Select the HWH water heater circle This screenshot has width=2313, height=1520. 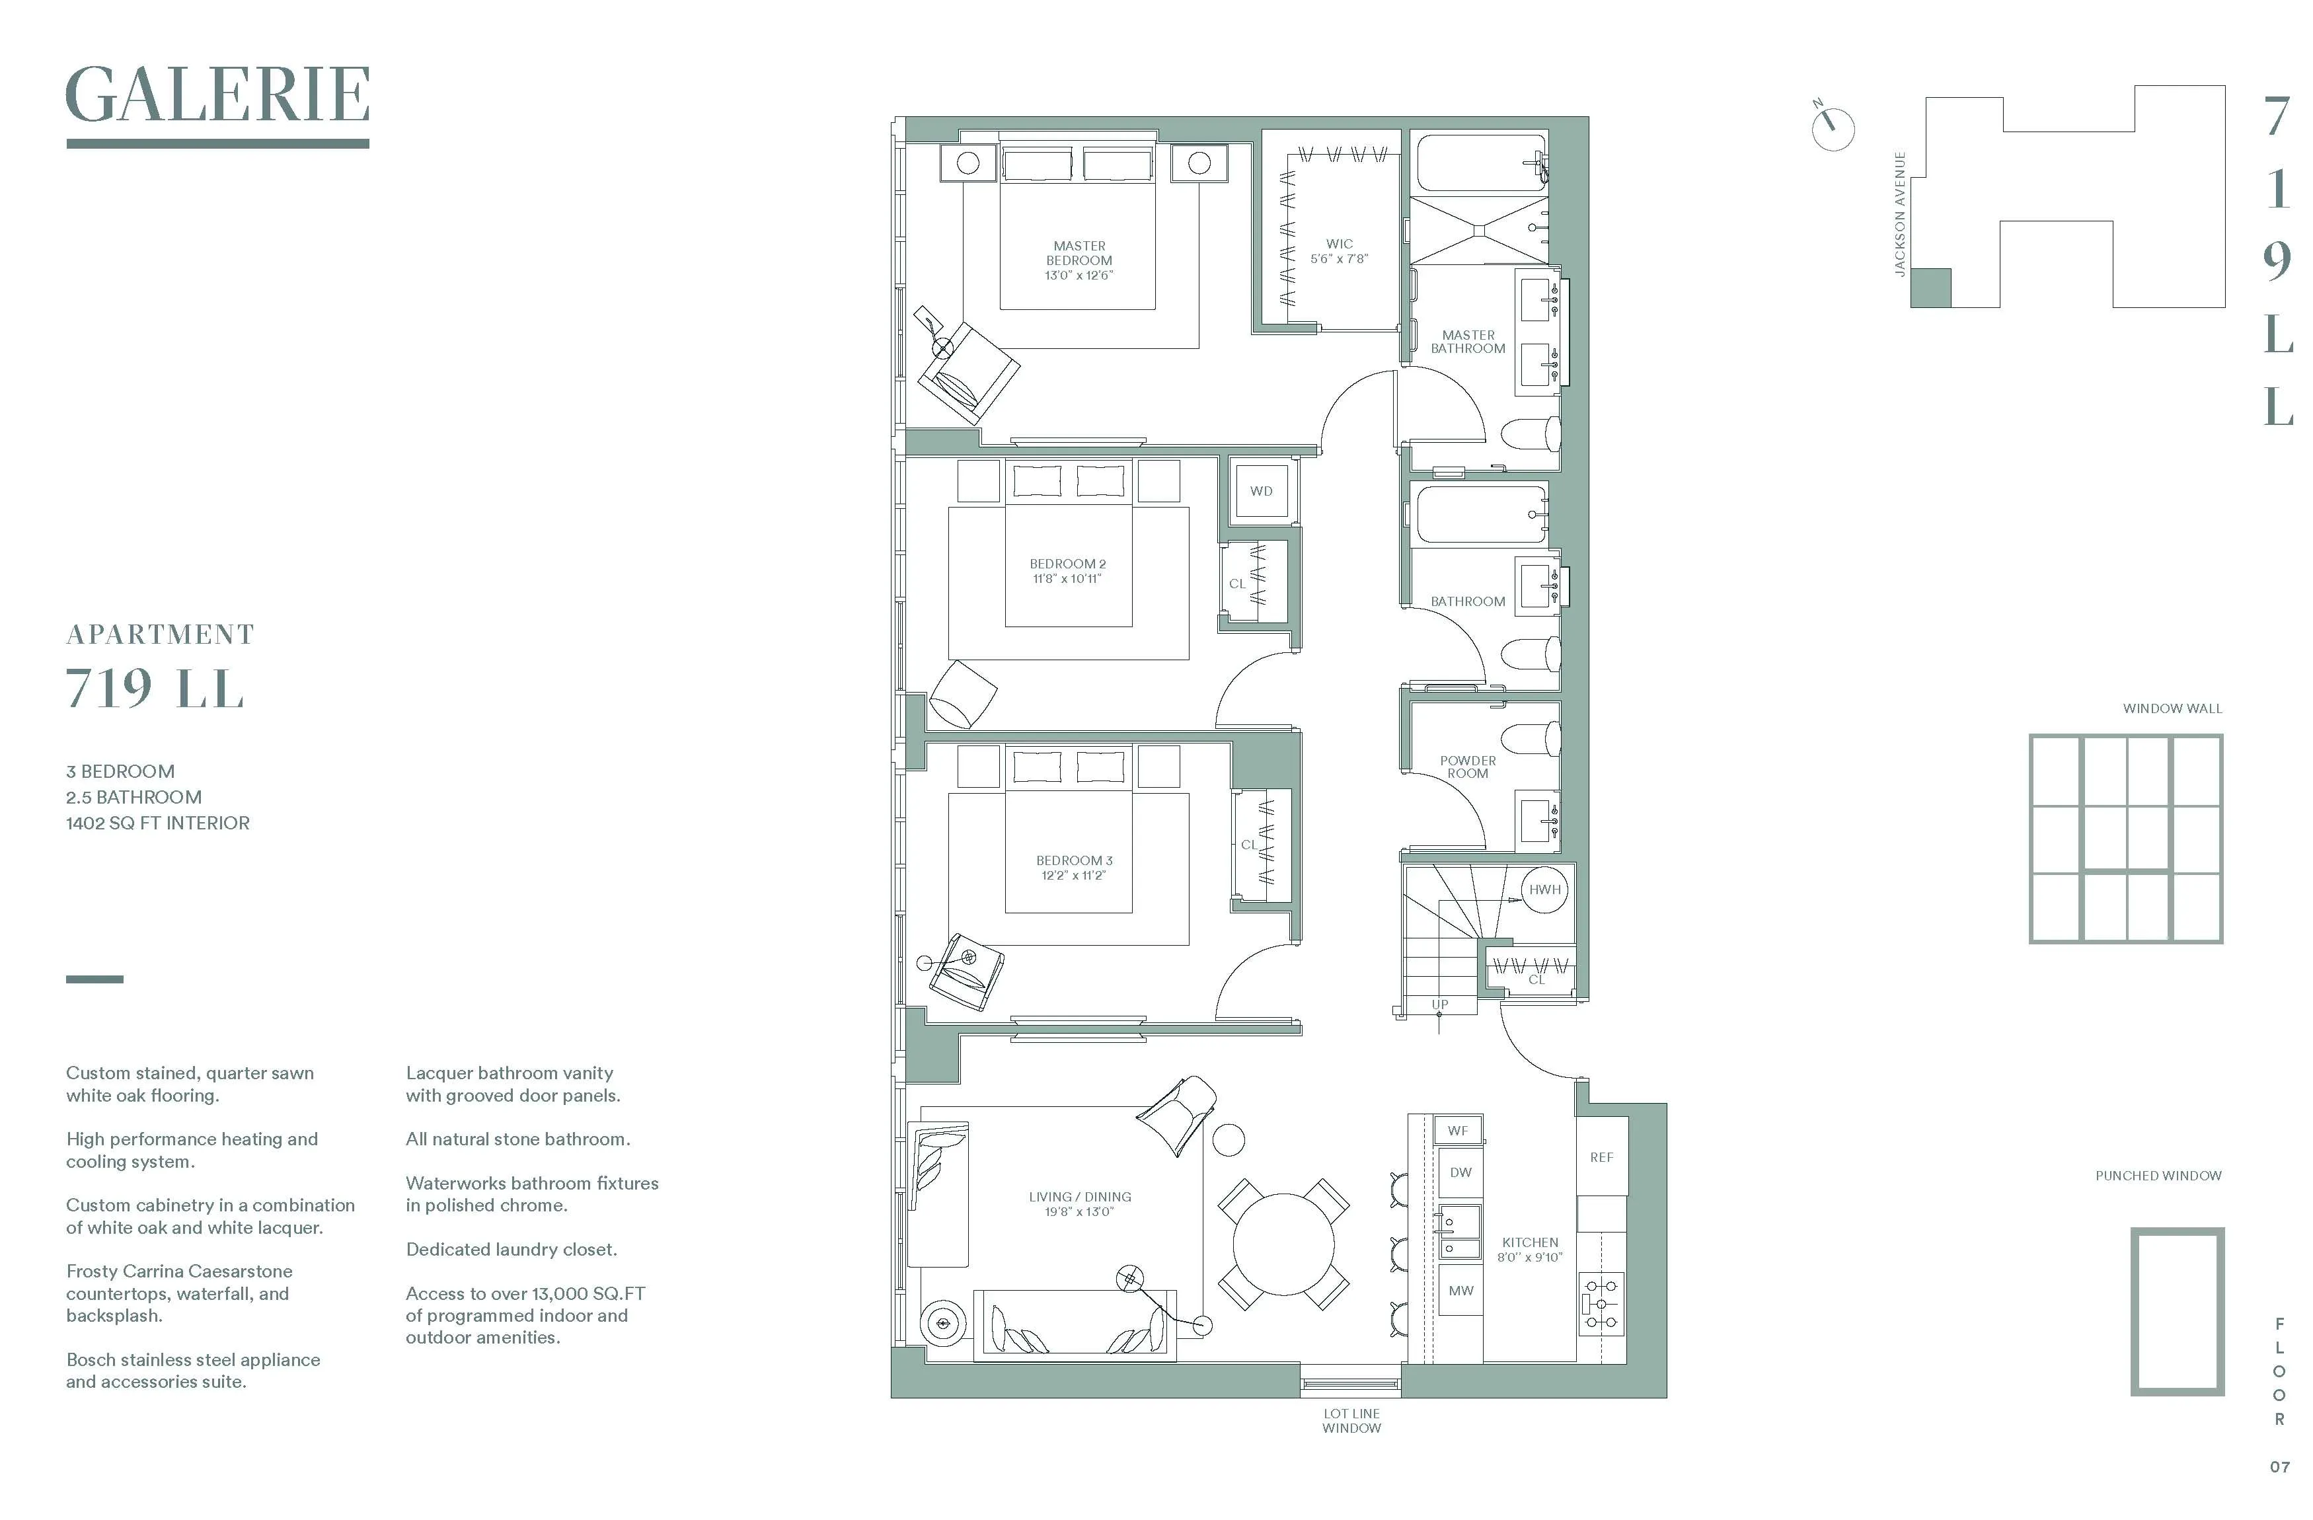pos(1544,890)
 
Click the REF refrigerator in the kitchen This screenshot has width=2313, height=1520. pos(1601,1157)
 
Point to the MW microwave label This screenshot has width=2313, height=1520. pos(1460,1291)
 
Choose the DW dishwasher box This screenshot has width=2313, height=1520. pos(1460,1172)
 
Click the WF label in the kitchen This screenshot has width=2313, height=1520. pos(1458,1130)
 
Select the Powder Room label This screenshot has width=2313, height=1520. pos(1468,767)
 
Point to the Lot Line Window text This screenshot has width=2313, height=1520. pos(1351,1420)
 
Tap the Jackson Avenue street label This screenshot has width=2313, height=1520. pos(1900,215)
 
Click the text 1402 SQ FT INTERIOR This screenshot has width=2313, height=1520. pos(157,823)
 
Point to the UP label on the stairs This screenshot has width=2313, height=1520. pos(1439,1004)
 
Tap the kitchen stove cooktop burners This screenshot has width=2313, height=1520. pos(1601,1303)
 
